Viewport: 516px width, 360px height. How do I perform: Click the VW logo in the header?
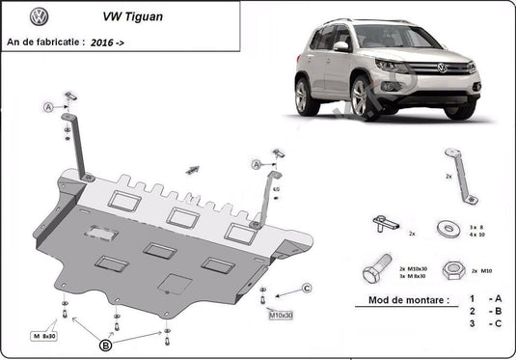tap(39, 16)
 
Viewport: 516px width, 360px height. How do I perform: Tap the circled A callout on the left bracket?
tap(47, 106)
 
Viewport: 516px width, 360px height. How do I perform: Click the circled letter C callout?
tap(307, 288)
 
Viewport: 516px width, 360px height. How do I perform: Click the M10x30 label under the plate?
tap(281, 316)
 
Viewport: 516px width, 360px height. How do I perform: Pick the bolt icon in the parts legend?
tap(376, 267)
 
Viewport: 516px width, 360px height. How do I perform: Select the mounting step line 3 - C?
tap(482, 324)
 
